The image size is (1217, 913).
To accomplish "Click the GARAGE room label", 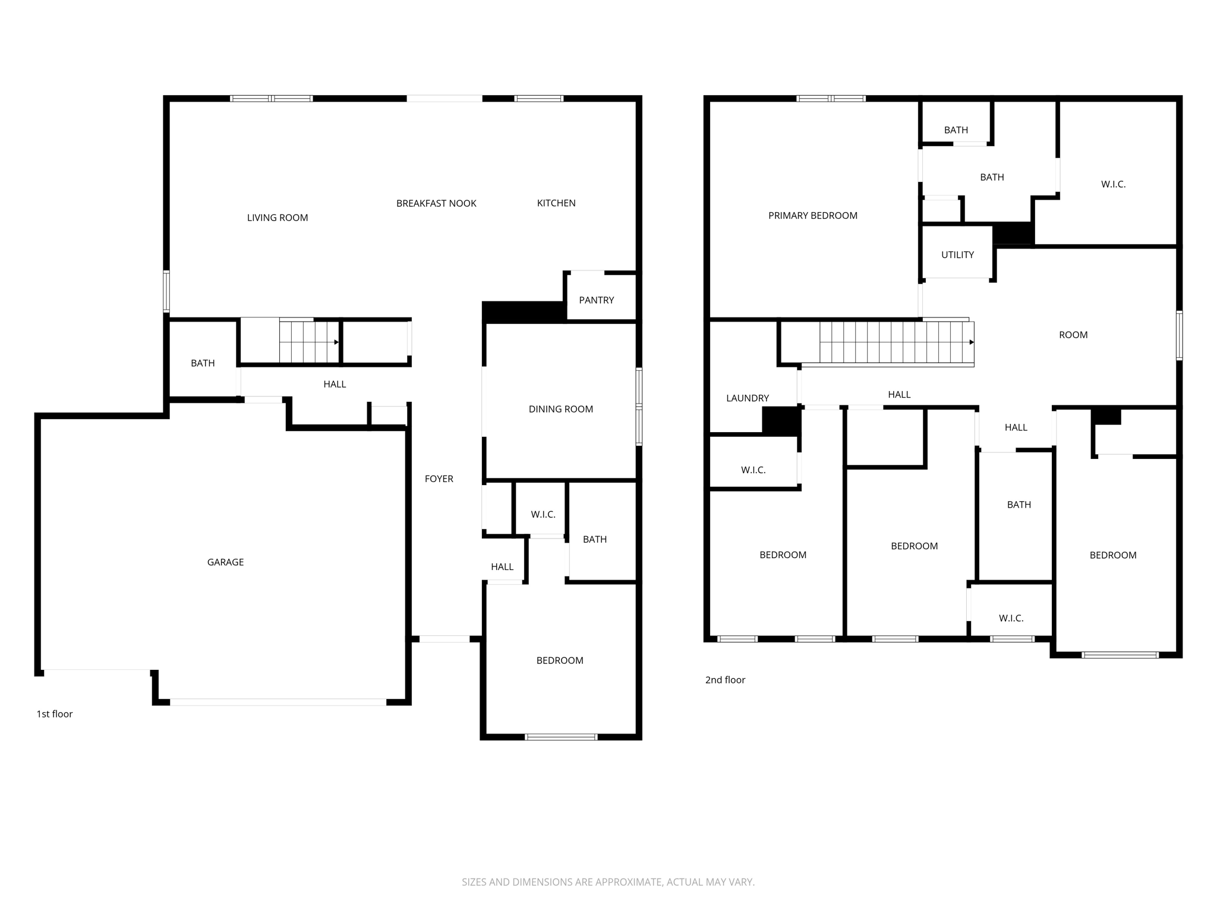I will [x=225, y=562].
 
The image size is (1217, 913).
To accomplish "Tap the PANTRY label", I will [x=596, y=300].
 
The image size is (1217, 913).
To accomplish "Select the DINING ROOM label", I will [x=560, y=409].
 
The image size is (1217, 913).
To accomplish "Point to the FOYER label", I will [x=439, y=479].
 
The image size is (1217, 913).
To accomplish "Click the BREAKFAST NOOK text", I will [x=436, y=203].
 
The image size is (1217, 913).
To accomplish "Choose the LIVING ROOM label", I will [x=278, y=218].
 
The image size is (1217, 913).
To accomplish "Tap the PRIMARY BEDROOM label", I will [x=812, y=216].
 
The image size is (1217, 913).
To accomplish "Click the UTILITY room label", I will [x=957, y=255].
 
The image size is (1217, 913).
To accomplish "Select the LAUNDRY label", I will [x=747, y=398].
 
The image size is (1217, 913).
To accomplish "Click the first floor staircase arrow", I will [x=336, y=342].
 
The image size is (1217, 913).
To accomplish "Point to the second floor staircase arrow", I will [x=971, y=342].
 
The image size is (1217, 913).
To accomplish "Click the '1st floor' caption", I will [x=55, y=714].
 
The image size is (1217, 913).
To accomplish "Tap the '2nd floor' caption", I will [x=725, y=680].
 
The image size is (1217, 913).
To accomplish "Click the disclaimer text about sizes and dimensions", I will [x=608, y=882].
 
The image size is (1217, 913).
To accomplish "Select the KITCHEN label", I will [x=556, y=203].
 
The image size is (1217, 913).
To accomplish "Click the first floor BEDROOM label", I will [x=559, y=660].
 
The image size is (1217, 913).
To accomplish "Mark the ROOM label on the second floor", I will [x=1073, y=335].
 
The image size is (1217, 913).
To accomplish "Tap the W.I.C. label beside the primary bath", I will [x=1113, y=185].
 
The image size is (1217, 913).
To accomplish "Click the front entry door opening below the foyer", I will [x=444, y=639].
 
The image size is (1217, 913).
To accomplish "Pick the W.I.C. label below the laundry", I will [x=753, y=470].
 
